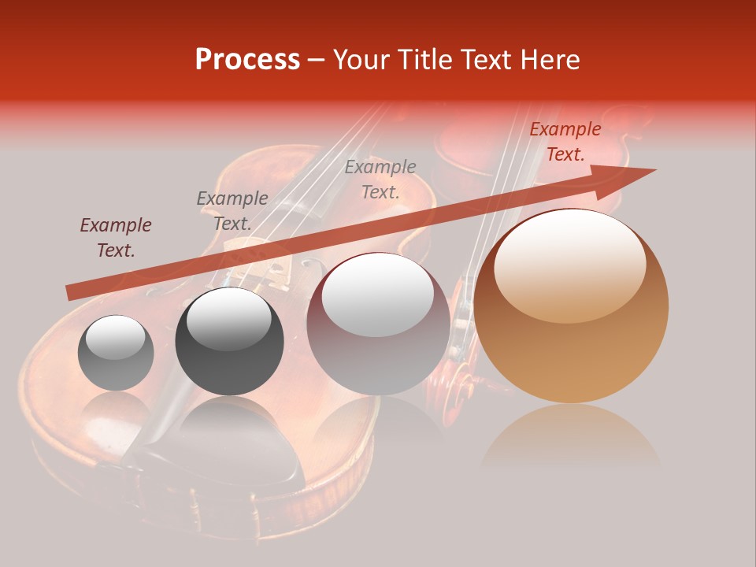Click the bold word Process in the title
coord(247,59)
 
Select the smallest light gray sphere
coord(116,353)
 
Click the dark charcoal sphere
coord(229,341)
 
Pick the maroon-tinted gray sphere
coord(378,324)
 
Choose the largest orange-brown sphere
coord(571,306)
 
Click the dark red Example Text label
coord(116,238)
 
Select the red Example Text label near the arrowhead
coord(565,142)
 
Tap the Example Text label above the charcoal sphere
coord(232,210)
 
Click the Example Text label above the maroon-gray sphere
coord(380,179)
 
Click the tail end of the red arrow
coord(71,293)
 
